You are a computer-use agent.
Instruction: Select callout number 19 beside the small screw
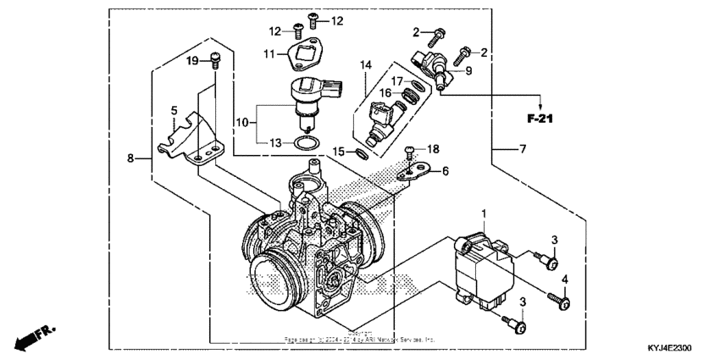click(x=191, y=60)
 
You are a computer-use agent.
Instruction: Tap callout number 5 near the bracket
click(x=174, y=110)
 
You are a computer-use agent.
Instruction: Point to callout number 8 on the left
click(x=131, y=158)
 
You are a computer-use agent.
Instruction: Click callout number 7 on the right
click(x=523, y=149)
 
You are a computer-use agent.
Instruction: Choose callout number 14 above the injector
click(x=365, y=64)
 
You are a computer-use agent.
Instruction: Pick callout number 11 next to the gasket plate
click(x=269, y=54)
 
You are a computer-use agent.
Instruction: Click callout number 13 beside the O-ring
click(x=273, y=142)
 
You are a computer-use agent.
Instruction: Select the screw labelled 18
click(x=410, y=155)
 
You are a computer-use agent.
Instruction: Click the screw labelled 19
click(x=214, y=61)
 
